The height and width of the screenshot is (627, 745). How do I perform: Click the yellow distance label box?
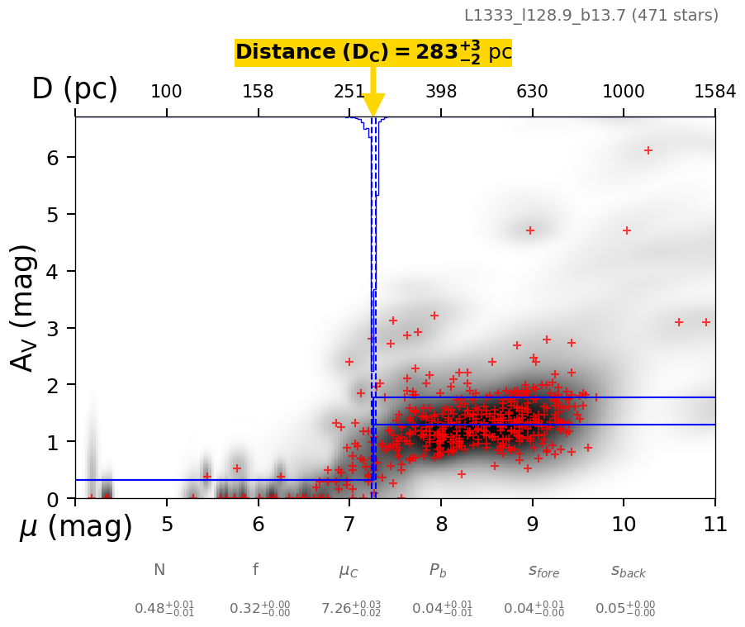[x=373, y=53]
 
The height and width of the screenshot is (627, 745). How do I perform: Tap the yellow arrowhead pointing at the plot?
[x=373, y=105]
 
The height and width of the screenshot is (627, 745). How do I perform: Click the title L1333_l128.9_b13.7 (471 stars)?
[x=591, y=15]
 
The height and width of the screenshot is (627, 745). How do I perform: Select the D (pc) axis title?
[x=74, y=89]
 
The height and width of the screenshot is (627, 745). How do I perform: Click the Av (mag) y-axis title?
[x=25, y=307]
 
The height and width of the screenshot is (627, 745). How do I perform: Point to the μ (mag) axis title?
[x=76, y=526]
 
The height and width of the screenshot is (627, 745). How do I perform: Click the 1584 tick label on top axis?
[x=714, y=92]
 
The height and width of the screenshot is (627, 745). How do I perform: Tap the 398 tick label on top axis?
[x=441, y=92]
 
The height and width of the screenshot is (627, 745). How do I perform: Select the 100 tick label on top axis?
[x=166, y=92]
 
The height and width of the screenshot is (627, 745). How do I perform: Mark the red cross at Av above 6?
[x=648, y=150]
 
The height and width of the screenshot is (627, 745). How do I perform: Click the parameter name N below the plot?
[x=159, y=570]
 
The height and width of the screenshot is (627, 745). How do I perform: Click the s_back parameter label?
[x=629, y=571]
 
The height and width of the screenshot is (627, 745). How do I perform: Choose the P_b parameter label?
[x=438, y=571]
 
